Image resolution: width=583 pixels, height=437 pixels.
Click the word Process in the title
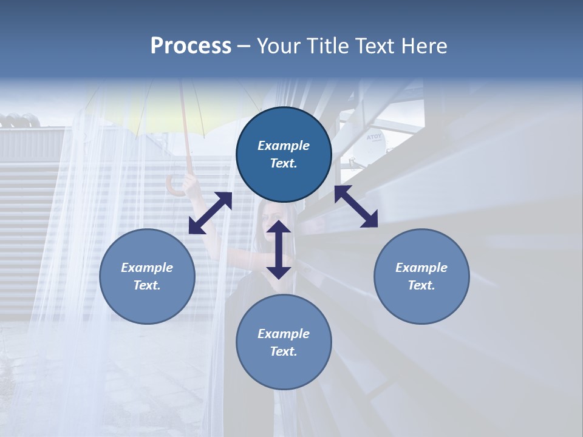(x=191, y=46)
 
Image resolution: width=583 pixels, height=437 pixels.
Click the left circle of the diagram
(x=147, y=276)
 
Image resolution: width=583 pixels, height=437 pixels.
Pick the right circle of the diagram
(x=421, y=276)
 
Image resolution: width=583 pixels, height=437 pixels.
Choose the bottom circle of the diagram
(x=284, y=342)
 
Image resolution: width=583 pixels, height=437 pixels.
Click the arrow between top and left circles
(x=210, y=213)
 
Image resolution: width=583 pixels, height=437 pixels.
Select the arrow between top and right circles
(x=356, y=206)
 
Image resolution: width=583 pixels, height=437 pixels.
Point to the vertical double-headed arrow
(x=279, y=249)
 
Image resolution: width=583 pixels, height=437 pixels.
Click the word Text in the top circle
(x=284, y=164)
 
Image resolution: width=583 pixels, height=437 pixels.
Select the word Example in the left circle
(x=147, y=267)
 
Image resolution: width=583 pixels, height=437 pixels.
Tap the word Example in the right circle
(x=421, y=267)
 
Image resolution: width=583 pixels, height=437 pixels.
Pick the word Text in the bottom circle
(x=284, y=351)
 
